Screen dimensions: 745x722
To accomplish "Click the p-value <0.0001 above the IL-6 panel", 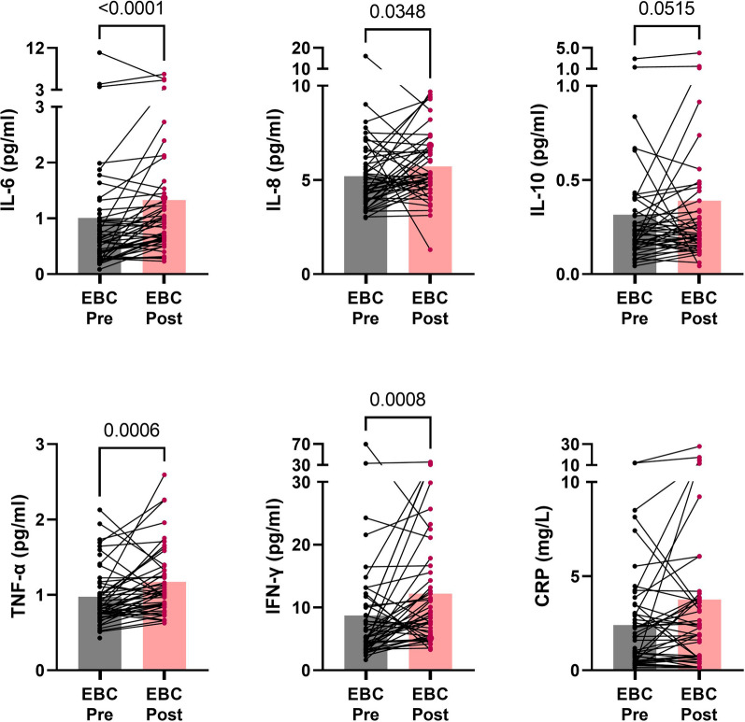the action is coord(131,7).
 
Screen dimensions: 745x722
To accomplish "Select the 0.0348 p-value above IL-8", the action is coord(397,11).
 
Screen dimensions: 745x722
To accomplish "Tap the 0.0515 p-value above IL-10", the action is coord(666,8).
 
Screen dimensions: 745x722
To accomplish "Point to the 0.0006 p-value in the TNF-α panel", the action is coord(132,430).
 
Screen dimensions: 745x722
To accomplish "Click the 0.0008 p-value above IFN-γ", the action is coord(397,400).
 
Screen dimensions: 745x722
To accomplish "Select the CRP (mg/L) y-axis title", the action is coord(542,557).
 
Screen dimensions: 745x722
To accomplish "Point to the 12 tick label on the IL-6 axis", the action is coord(36,48).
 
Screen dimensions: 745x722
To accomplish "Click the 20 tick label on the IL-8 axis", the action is coord(301,48).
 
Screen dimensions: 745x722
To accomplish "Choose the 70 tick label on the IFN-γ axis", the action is coord(302,445).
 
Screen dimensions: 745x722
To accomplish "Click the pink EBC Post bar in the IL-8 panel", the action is coord(430,219).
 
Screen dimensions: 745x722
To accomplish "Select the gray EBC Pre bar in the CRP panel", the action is coord(635,647).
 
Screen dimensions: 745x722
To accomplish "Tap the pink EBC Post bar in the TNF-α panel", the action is coord(165,626).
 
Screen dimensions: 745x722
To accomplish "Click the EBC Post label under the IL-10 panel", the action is coord(699,308).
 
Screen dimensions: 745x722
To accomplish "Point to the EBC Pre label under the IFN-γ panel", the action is coord(365,704).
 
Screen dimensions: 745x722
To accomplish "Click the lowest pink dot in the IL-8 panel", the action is coord(430,249).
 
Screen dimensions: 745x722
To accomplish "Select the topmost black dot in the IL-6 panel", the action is coord(99,52).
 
